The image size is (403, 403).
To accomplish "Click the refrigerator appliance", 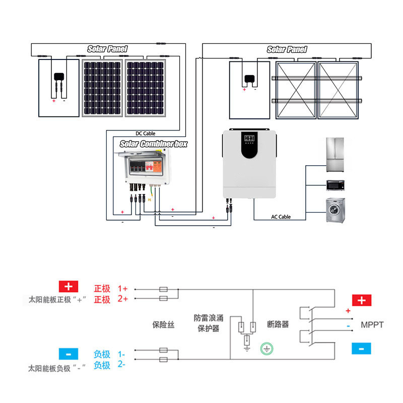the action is tap(335, 155).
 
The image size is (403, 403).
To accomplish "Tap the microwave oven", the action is tap(335, 185).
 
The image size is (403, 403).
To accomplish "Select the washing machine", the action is tap(335, 210).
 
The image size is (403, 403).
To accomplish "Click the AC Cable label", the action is tap(281, 217).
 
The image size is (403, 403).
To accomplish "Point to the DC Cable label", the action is tap(146, 133).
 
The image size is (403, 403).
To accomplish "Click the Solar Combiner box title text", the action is tap(154, 144).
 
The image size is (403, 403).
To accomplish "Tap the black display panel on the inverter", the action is tap(249, 145).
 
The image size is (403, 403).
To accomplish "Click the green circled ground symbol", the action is tap(266, 349).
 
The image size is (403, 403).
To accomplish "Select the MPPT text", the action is tap(372, 325).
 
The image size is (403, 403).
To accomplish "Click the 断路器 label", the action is tap(278, 324).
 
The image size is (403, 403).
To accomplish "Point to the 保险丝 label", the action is tap(163, 324).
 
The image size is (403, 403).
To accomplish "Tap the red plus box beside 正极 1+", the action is tap(69, 287).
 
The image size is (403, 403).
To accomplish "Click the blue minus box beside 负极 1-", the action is tap(69, 354).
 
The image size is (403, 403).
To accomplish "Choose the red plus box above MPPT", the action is tap(362, 300).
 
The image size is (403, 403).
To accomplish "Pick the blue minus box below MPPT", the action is tap(361, 349).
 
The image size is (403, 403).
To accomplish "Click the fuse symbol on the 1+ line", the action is tap(163, 289).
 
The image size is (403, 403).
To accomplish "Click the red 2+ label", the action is tap(123, 299).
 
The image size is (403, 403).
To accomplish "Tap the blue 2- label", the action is tap(121, 364).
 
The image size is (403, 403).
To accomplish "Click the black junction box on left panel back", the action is tap(59, 77).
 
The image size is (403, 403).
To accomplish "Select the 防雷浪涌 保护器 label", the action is tap(209, 323).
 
